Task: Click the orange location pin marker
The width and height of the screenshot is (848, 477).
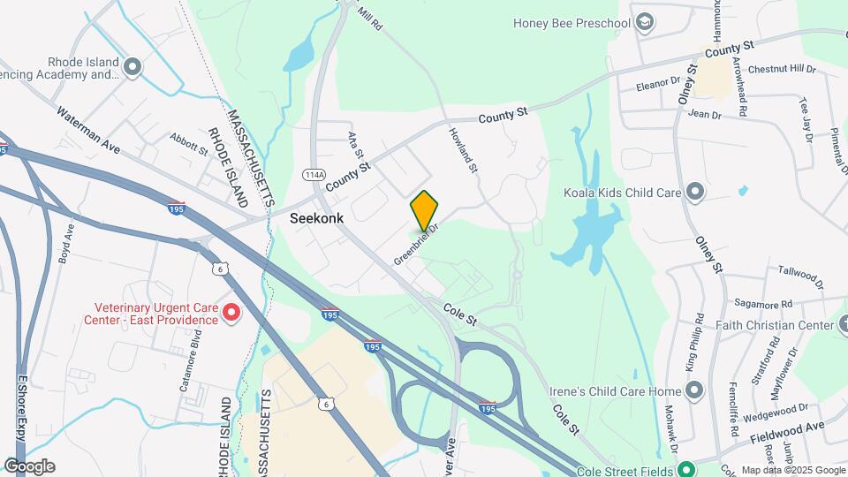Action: point(425,210)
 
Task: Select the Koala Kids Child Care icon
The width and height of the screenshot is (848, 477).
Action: point(695,191)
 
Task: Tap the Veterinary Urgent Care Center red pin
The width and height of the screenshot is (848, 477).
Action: point(231,312)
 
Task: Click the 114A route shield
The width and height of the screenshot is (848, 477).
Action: point(314,173)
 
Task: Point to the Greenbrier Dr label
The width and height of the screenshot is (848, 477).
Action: point(416,245)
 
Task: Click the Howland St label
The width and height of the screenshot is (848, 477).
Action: point(463,149)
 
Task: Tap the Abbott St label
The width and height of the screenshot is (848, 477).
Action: point(189,144)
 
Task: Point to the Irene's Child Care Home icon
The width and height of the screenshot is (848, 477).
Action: point(695,390)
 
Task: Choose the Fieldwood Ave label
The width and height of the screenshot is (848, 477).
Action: point(787,431)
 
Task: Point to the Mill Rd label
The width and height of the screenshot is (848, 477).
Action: point(370,19)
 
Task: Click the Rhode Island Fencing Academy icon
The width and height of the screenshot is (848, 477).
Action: point(133,66)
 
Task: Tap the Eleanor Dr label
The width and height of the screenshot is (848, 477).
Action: point(660,87)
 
